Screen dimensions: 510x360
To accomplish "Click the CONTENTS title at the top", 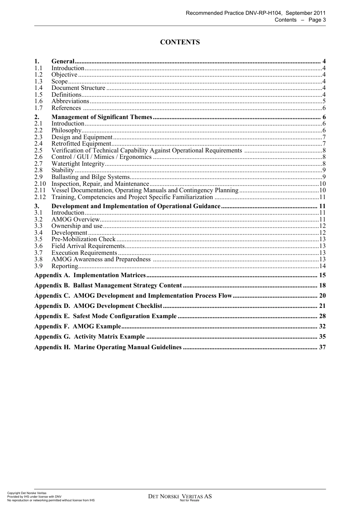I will [x=180, y=42].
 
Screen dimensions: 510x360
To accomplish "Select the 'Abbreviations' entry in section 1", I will [x=70, y=101].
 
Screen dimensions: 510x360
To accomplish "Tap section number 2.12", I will [x=40, y=197].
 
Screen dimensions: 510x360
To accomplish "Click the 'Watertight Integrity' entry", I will [x=78, y=164].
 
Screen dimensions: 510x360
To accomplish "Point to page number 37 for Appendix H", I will [x=322, y=347].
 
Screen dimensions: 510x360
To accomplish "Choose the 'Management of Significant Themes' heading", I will [x=102, y=117].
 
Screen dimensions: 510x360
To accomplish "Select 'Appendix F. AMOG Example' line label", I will [x=77, y=326].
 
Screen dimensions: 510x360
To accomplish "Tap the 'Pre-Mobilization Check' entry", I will [x=83, y=239].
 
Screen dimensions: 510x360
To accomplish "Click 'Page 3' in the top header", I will [x=317, y=20].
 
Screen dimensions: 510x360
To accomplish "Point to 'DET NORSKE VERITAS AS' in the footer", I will [x=180, y=496].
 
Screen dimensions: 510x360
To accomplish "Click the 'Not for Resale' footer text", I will [x=189, y=501].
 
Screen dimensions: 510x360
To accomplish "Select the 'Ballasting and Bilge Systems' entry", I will [x=91, y=177].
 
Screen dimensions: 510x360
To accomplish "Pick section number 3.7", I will [x=38, y=253].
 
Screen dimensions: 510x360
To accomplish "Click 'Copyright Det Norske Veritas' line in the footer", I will [x=27, y=493].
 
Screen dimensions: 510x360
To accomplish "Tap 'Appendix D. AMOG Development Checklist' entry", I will [x=98, y=306].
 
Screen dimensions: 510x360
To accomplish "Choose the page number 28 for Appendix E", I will [x=322, y=316].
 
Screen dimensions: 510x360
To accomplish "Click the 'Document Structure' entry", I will [x=78, y=88].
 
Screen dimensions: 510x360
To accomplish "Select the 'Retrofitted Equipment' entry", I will [x=81, y=144].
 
